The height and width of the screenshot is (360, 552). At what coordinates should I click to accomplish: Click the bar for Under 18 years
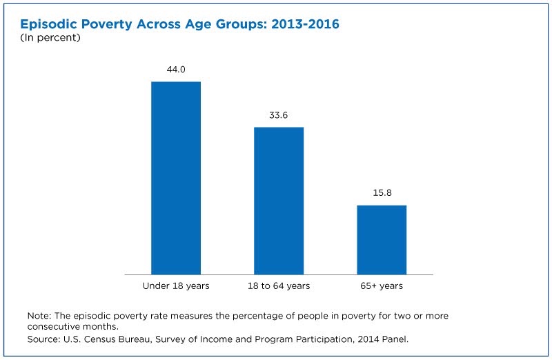pyautogui.click(x=176, y=178)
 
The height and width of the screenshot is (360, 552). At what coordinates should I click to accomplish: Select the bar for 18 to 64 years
pyautogui.click(x=279, y=201)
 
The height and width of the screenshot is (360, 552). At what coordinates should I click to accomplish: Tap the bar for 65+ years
pyautogui.click(x=382, y=240)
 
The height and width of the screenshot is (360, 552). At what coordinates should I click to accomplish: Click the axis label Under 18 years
pyautogui.click(x=176, y=286)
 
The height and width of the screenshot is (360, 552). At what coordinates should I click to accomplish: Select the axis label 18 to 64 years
pyautogui.click(x=279, y=286)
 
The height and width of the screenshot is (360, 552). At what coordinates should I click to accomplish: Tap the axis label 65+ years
pyautogui.click(x=382, y=286)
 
